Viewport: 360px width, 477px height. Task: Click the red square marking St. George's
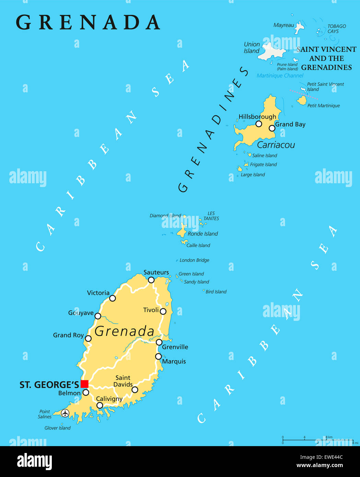click(x=84, y=384)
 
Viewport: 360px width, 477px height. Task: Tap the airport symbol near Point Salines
click(x=65, y=413)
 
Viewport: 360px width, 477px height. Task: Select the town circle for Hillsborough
click(x=259, y=124)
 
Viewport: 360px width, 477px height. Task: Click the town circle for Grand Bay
click(x=272, y=128)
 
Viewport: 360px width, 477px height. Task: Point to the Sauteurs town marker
click(x=151, y=280)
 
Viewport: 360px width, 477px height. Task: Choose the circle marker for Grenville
click(x=159, y=342)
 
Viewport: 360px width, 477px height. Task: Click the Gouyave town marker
click(x=98, y=316)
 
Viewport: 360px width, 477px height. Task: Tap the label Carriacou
click(x=276, y=145)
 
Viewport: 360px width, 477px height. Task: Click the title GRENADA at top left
click(x=88, y=22)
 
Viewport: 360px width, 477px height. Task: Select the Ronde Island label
click(x=203, y=234)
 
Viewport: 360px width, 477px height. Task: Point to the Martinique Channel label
click(x=280, y=75)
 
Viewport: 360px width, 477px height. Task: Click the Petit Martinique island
click(x=302, y=101)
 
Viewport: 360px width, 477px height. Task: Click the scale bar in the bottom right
click(x=317, y=440)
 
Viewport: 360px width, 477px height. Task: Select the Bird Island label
click(x=216, y=292)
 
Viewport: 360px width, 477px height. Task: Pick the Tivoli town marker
click(x=163, y=311)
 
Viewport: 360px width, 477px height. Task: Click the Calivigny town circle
click(x=100, y=405)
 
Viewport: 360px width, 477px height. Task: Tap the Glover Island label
click(x=57, y=428)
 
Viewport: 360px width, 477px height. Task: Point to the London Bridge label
click(x=194, y=260)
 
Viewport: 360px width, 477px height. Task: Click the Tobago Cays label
click(x=336, y=29)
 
